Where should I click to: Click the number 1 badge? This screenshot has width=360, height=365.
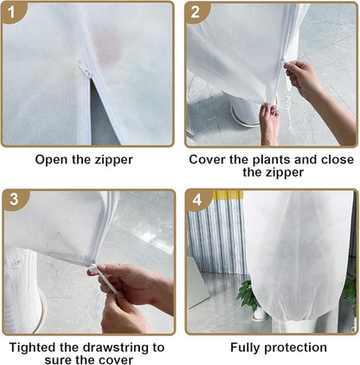tap(11, 11)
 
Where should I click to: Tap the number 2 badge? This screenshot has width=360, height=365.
tap(196, 11)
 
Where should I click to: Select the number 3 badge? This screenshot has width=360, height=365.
tap(11, 200)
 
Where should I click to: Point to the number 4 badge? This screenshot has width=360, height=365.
tap(196, 200)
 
